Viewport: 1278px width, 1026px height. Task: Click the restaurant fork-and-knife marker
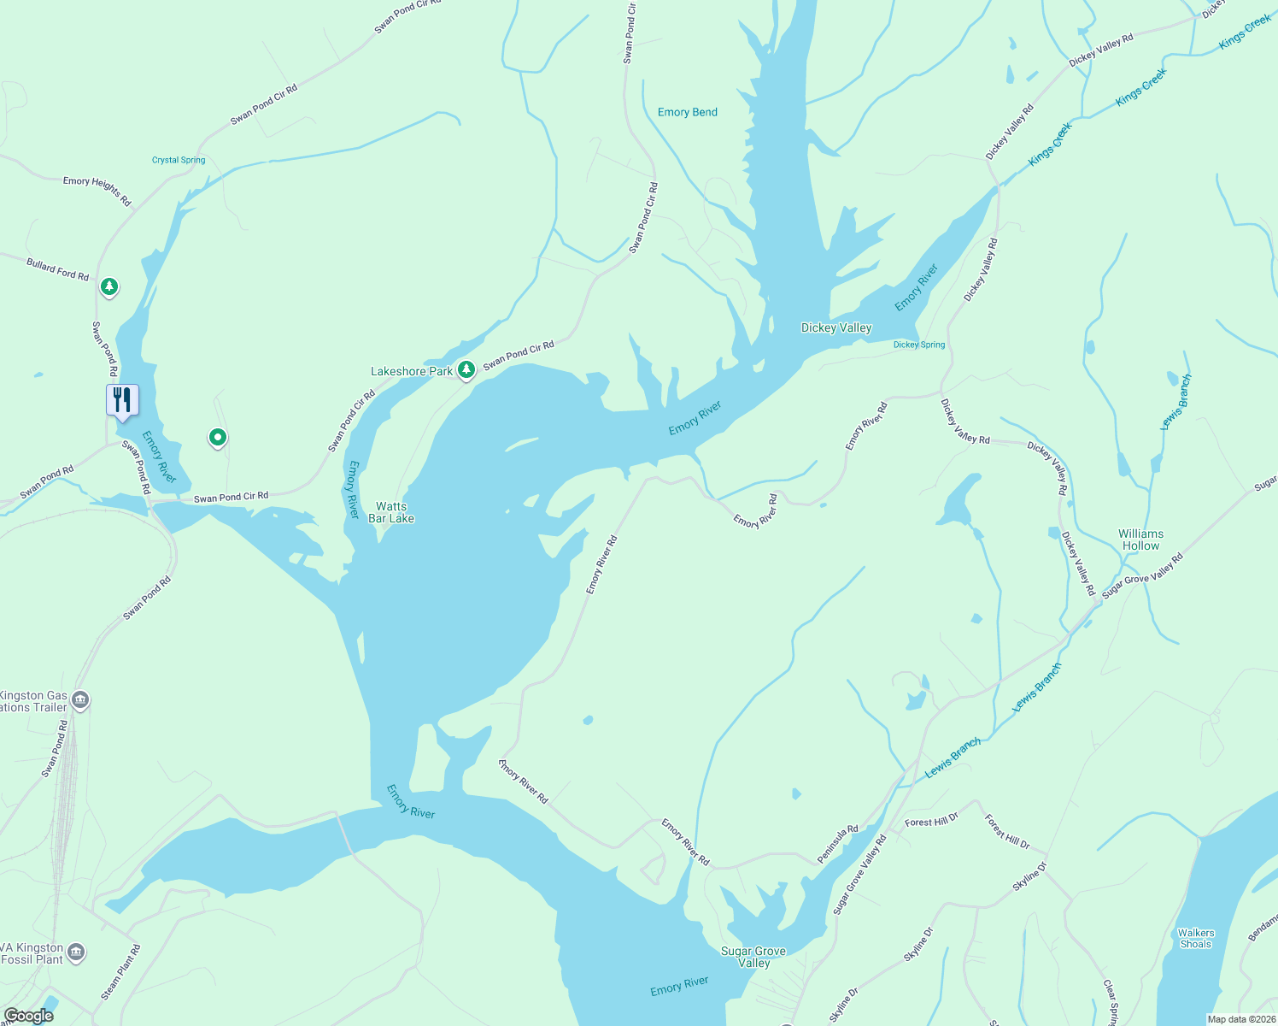coord(122,399)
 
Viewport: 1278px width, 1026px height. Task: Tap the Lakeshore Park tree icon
coord(466,370)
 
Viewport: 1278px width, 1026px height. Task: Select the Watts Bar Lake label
coord(391,512)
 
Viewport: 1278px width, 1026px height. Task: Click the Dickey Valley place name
coord(836,327)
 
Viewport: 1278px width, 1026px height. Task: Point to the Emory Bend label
coord(688,112)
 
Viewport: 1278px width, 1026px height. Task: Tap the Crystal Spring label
coord(179,160)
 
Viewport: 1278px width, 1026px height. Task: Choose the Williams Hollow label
coord(1141,540)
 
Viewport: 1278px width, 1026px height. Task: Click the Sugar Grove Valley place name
coord(753,957)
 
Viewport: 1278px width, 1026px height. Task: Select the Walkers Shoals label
coord(1196,938)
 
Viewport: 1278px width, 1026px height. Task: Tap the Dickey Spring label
coord(919,345)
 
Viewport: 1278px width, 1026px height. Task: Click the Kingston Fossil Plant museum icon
coord(76,952)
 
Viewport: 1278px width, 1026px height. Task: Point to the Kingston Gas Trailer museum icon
coord(80,701)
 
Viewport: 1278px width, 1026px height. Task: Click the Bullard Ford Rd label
coord(57,269)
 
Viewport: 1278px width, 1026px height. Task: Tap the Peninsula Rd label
coord(838,844)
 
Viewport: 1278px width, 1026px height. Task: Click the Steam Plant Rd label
coord(121,972)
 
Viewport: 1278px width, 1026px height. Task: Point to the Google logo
coord(28,1016)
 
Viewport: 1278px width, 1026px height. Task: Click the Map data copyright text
coord(1240,1019)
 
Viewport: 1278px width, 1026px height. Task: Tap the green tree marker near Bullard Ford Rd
coord(108,286)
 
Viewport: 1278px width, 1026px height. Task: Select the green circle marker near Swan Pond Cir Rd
coord(218,438)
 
